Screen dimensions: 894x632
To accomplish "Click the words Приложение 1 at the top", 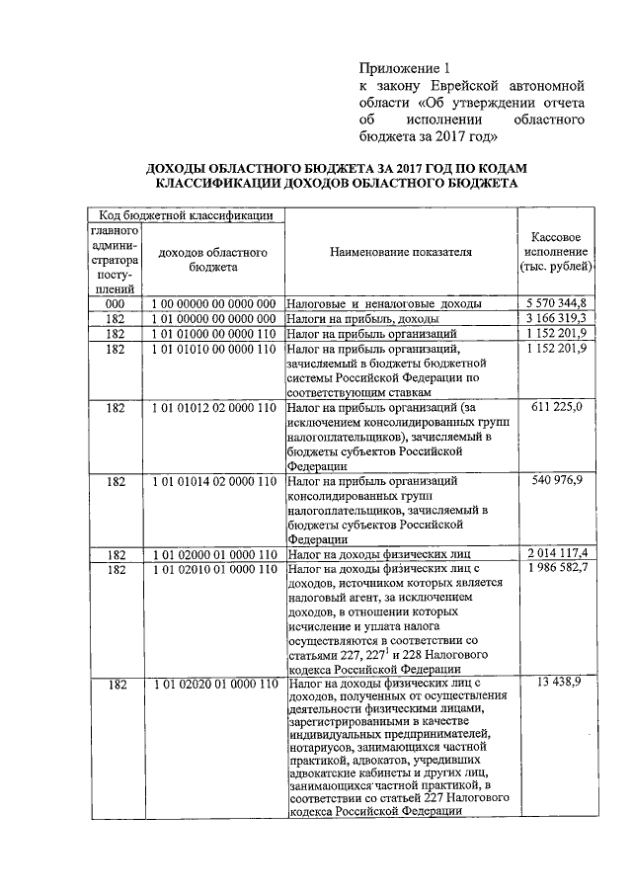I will coord(404,68).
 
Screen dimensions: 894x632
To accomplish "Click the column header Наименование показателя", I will coord(401,252).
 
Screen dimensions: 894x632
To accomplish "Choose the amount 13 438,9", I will coord(564,683).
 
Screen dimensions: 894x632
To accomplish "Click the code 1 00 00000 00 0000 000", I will coord(214,302).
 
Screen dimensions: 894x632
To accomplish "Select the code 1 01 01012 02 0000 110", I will coord(214,406).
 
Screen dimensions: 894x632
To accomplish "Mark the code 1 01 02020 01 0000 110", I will coord(214,684).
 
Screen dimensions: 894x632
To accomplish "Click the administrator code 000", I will coord(117,302).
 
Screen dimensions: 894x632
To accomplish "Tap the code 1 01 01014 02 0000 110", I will coord(214,480).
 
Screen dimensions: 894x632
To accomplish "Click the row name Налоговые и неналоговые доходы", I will coord(384,303).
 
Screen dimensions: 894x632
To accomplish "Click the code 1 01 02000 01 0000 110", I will coord(214,553).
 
